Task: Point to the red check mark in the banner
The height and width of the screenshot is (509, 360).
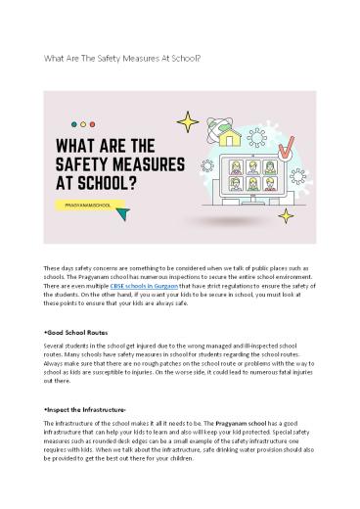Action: (286, 150)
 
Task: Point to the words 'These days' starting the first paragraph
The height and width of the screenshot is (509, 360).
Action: (48, 267)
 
